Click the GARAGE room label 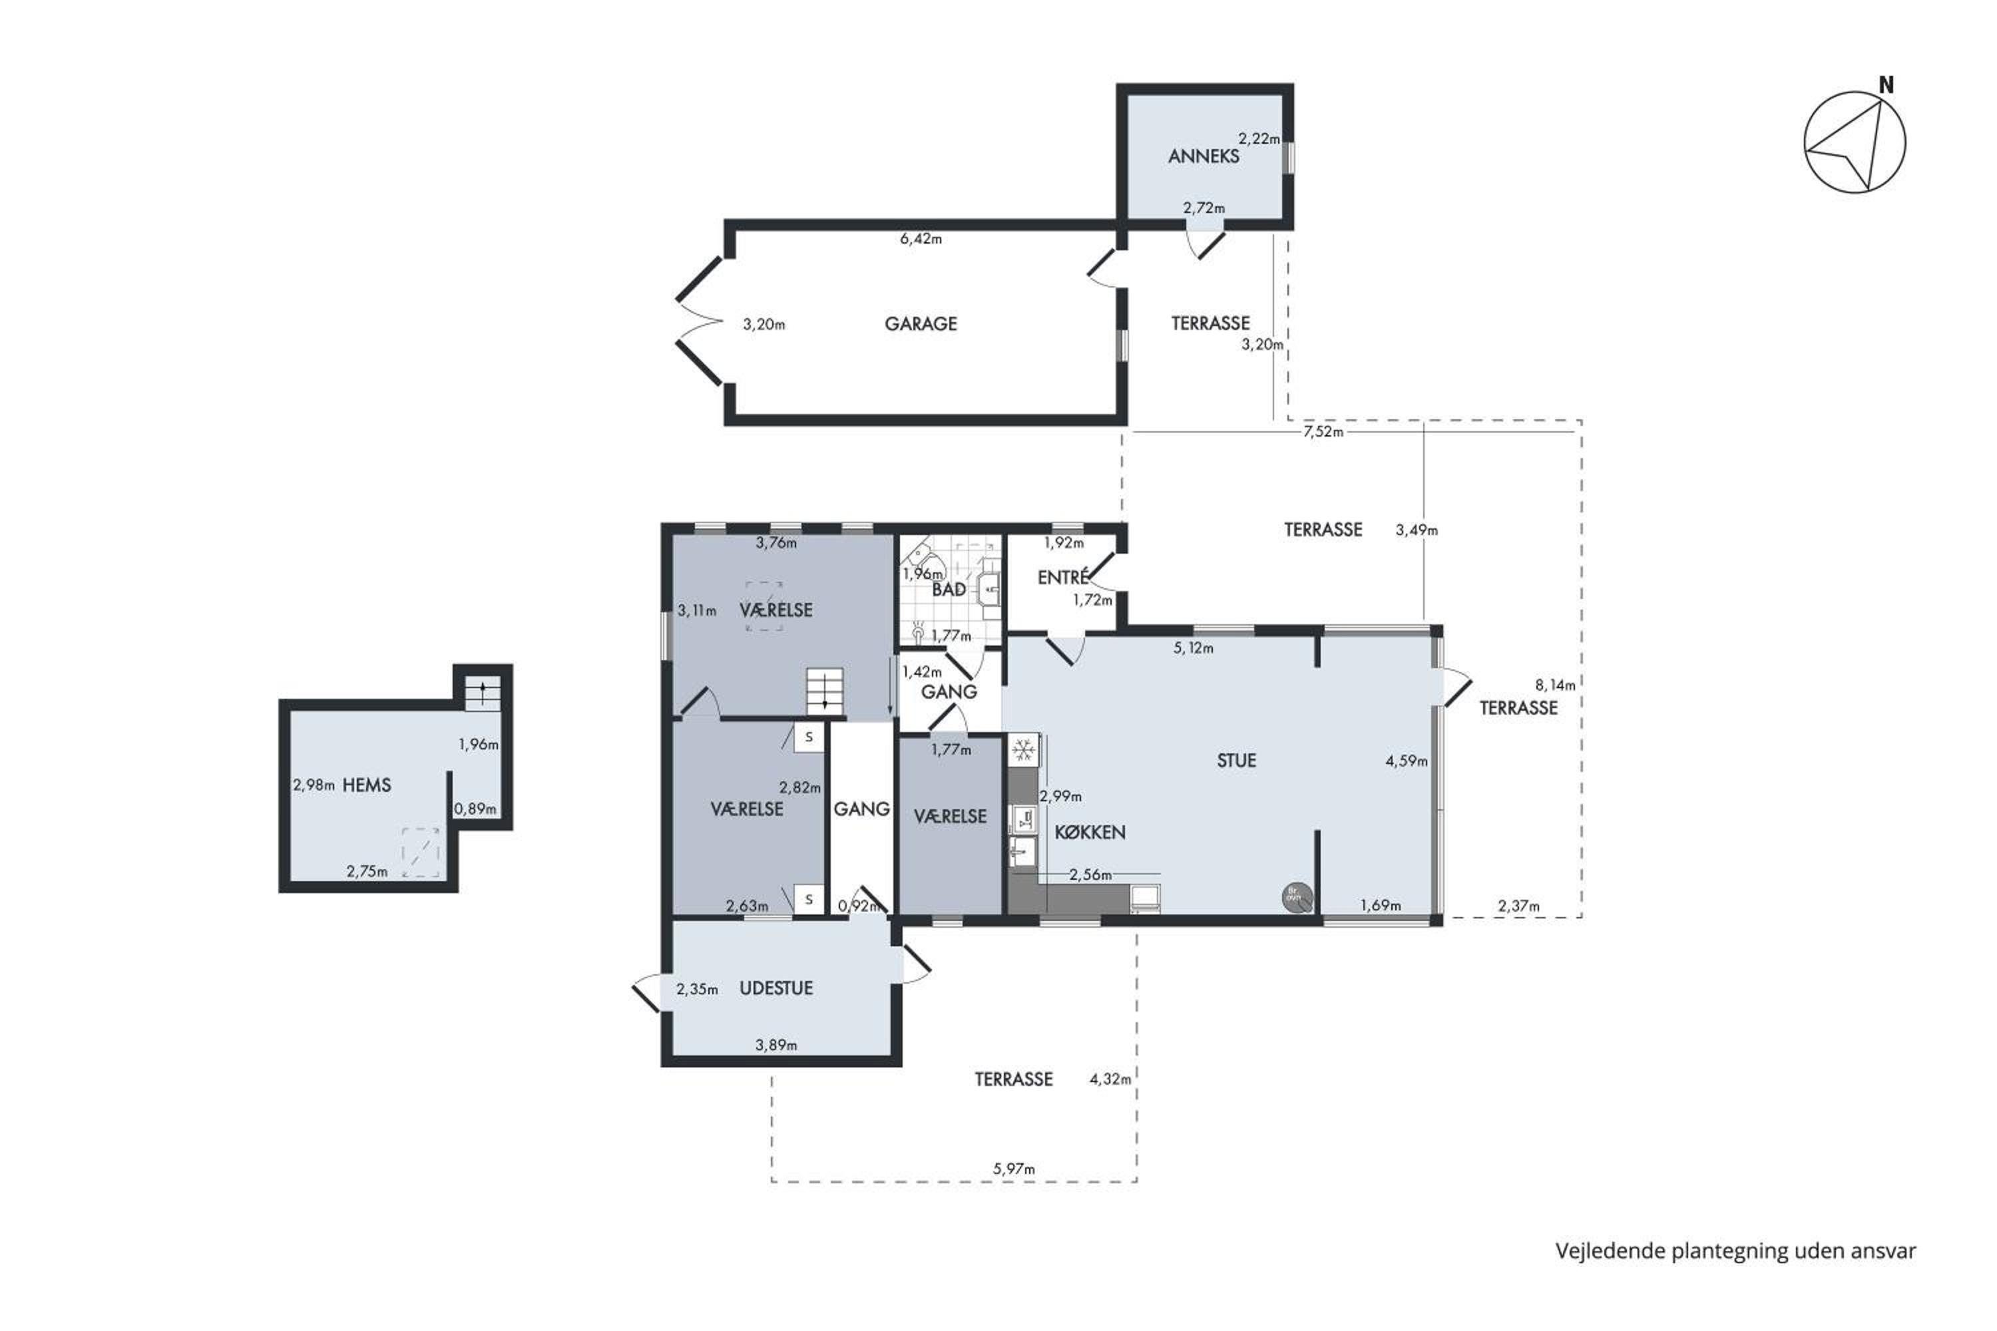pyautogui.click(x=921, y=323)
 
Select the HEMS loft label pyautogui.click(x=367, y=785)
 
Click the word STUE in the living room pyautogui.click(x=1236, y=761)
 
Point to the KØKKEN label pyautogui.click(x=1090, y=832)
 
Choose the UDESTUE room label pyautogui.click(x=776, y=988)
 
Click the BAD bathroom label pyautogui.click(x=949, y=589)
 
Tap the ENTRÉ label pyautogui.click(x=1063, y=577)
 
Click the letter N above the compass pyautogui.click(x=1886, y=85)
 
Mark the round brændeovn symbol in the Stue pyautogui.click(x=1297, y=897)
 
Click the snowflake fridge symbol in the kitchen pyautogui.click(x=1024, y=751)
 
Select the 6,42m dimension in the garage pyautogui.click(x=921, y=240)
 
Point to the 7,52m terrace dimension pyautogui.click(x=1324, y=431)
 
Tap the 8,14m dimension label pyautogui.click(x=1556, y=685)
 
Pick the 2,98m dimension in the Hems pyautogui.click(x=314, y=785)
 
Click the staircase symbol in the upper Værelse pyautogui.click(x=825, y=690)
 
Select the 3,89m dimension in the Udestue pyautogui.click(x=776, y=1045)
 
